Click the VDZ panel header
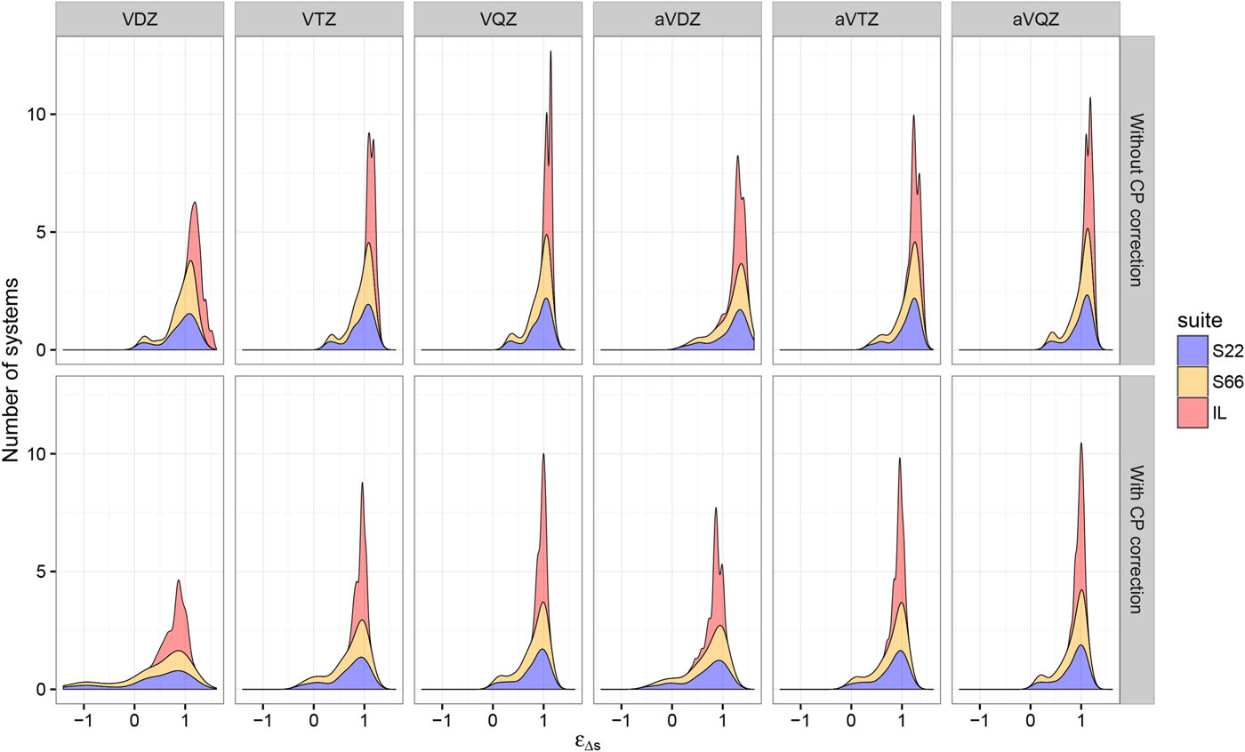coord(140,19)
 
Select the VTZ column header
coord(319,19)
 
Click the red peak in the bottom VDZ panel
coord(179,581)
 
